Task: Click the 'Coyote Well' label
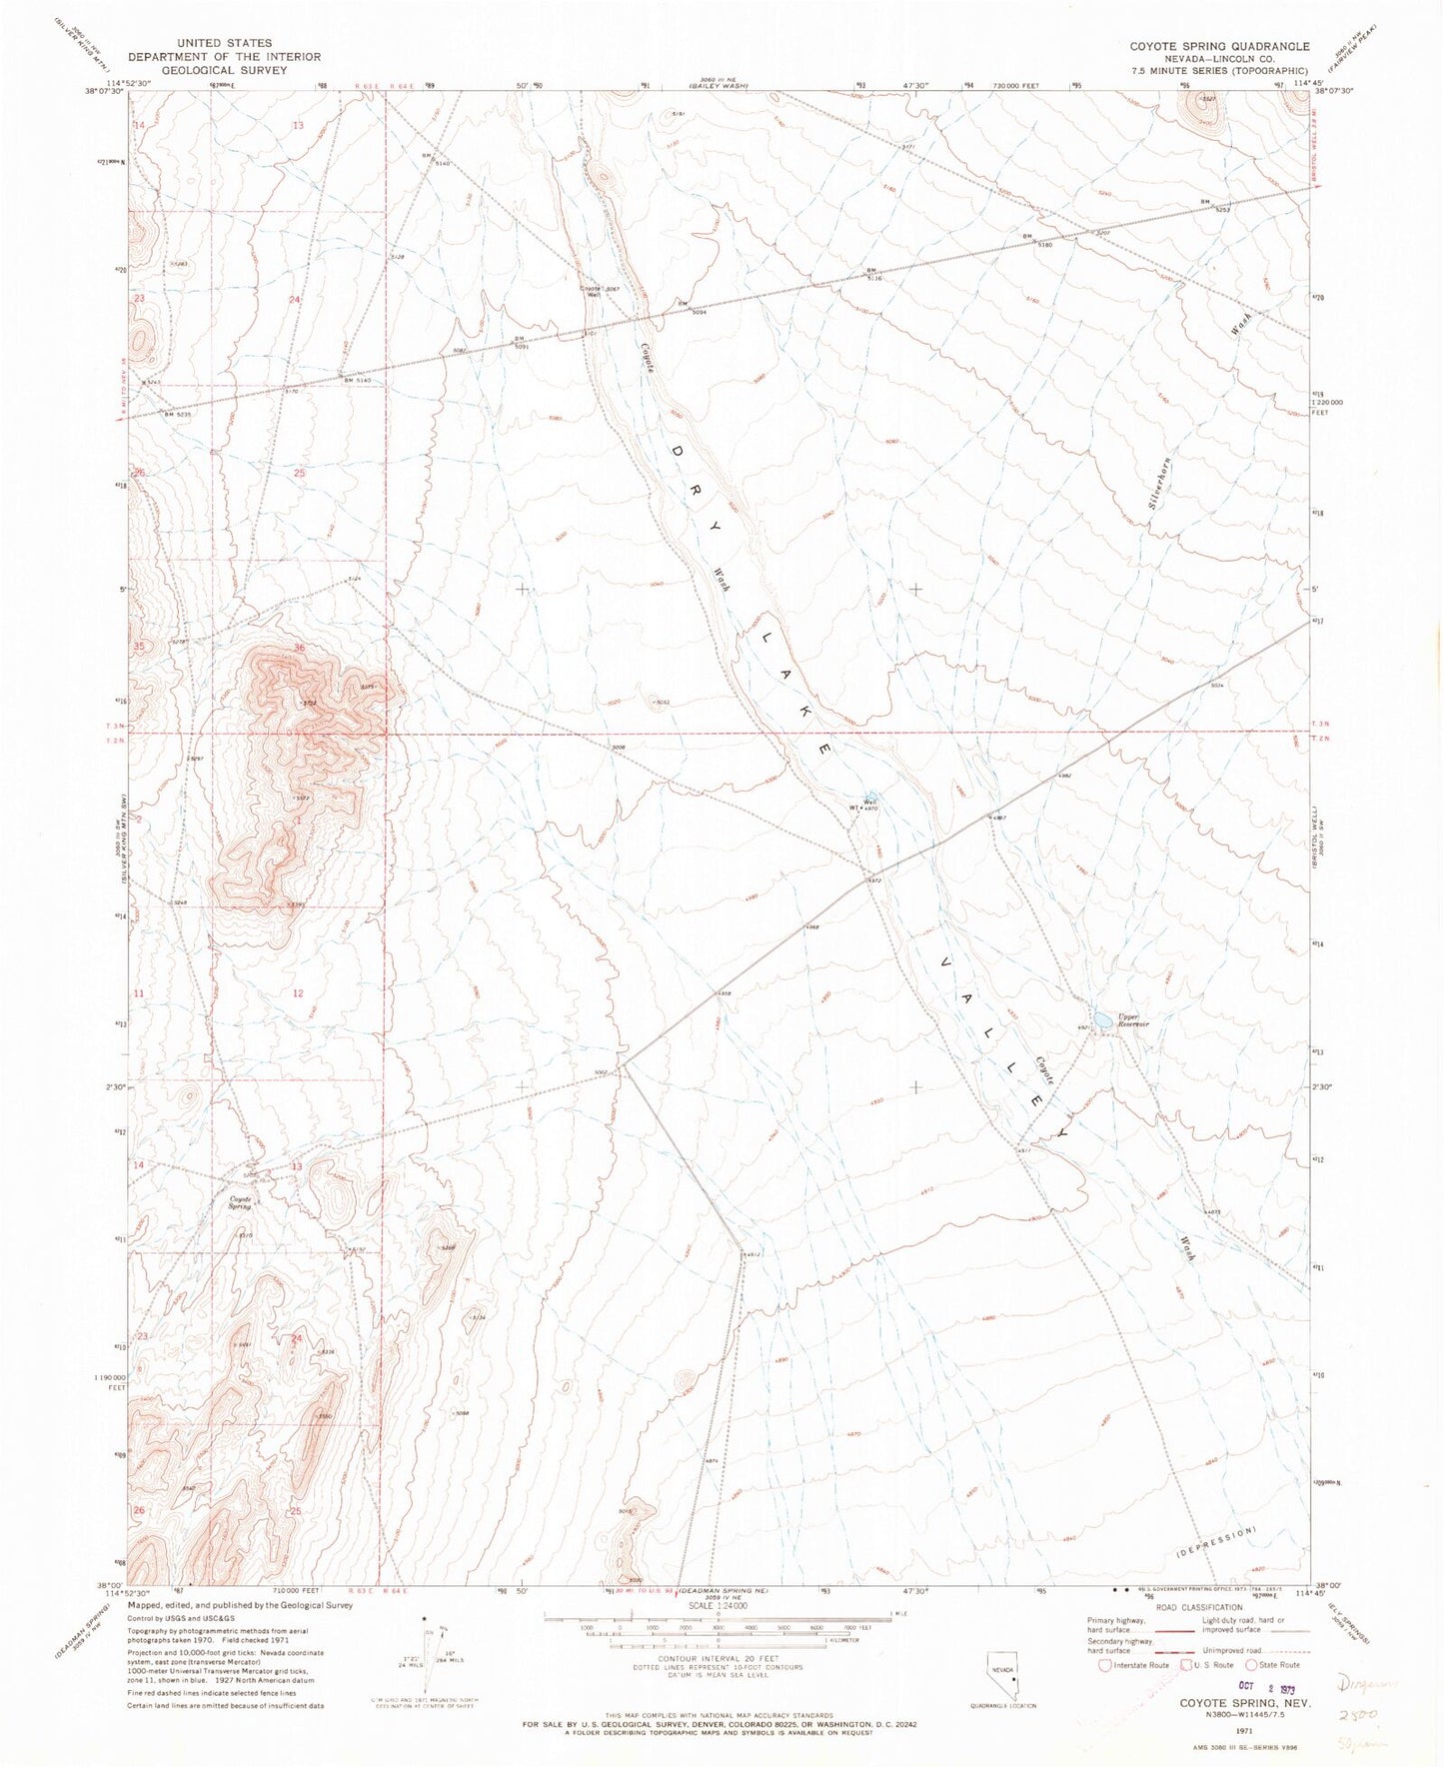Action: pyautogui.click(x=594, y=293)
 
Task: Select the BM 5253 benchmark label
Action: pyautogui.click(x=1212, y=206)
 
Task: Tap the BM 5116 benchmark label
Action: pyautogui.click(x=875, y=274)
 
